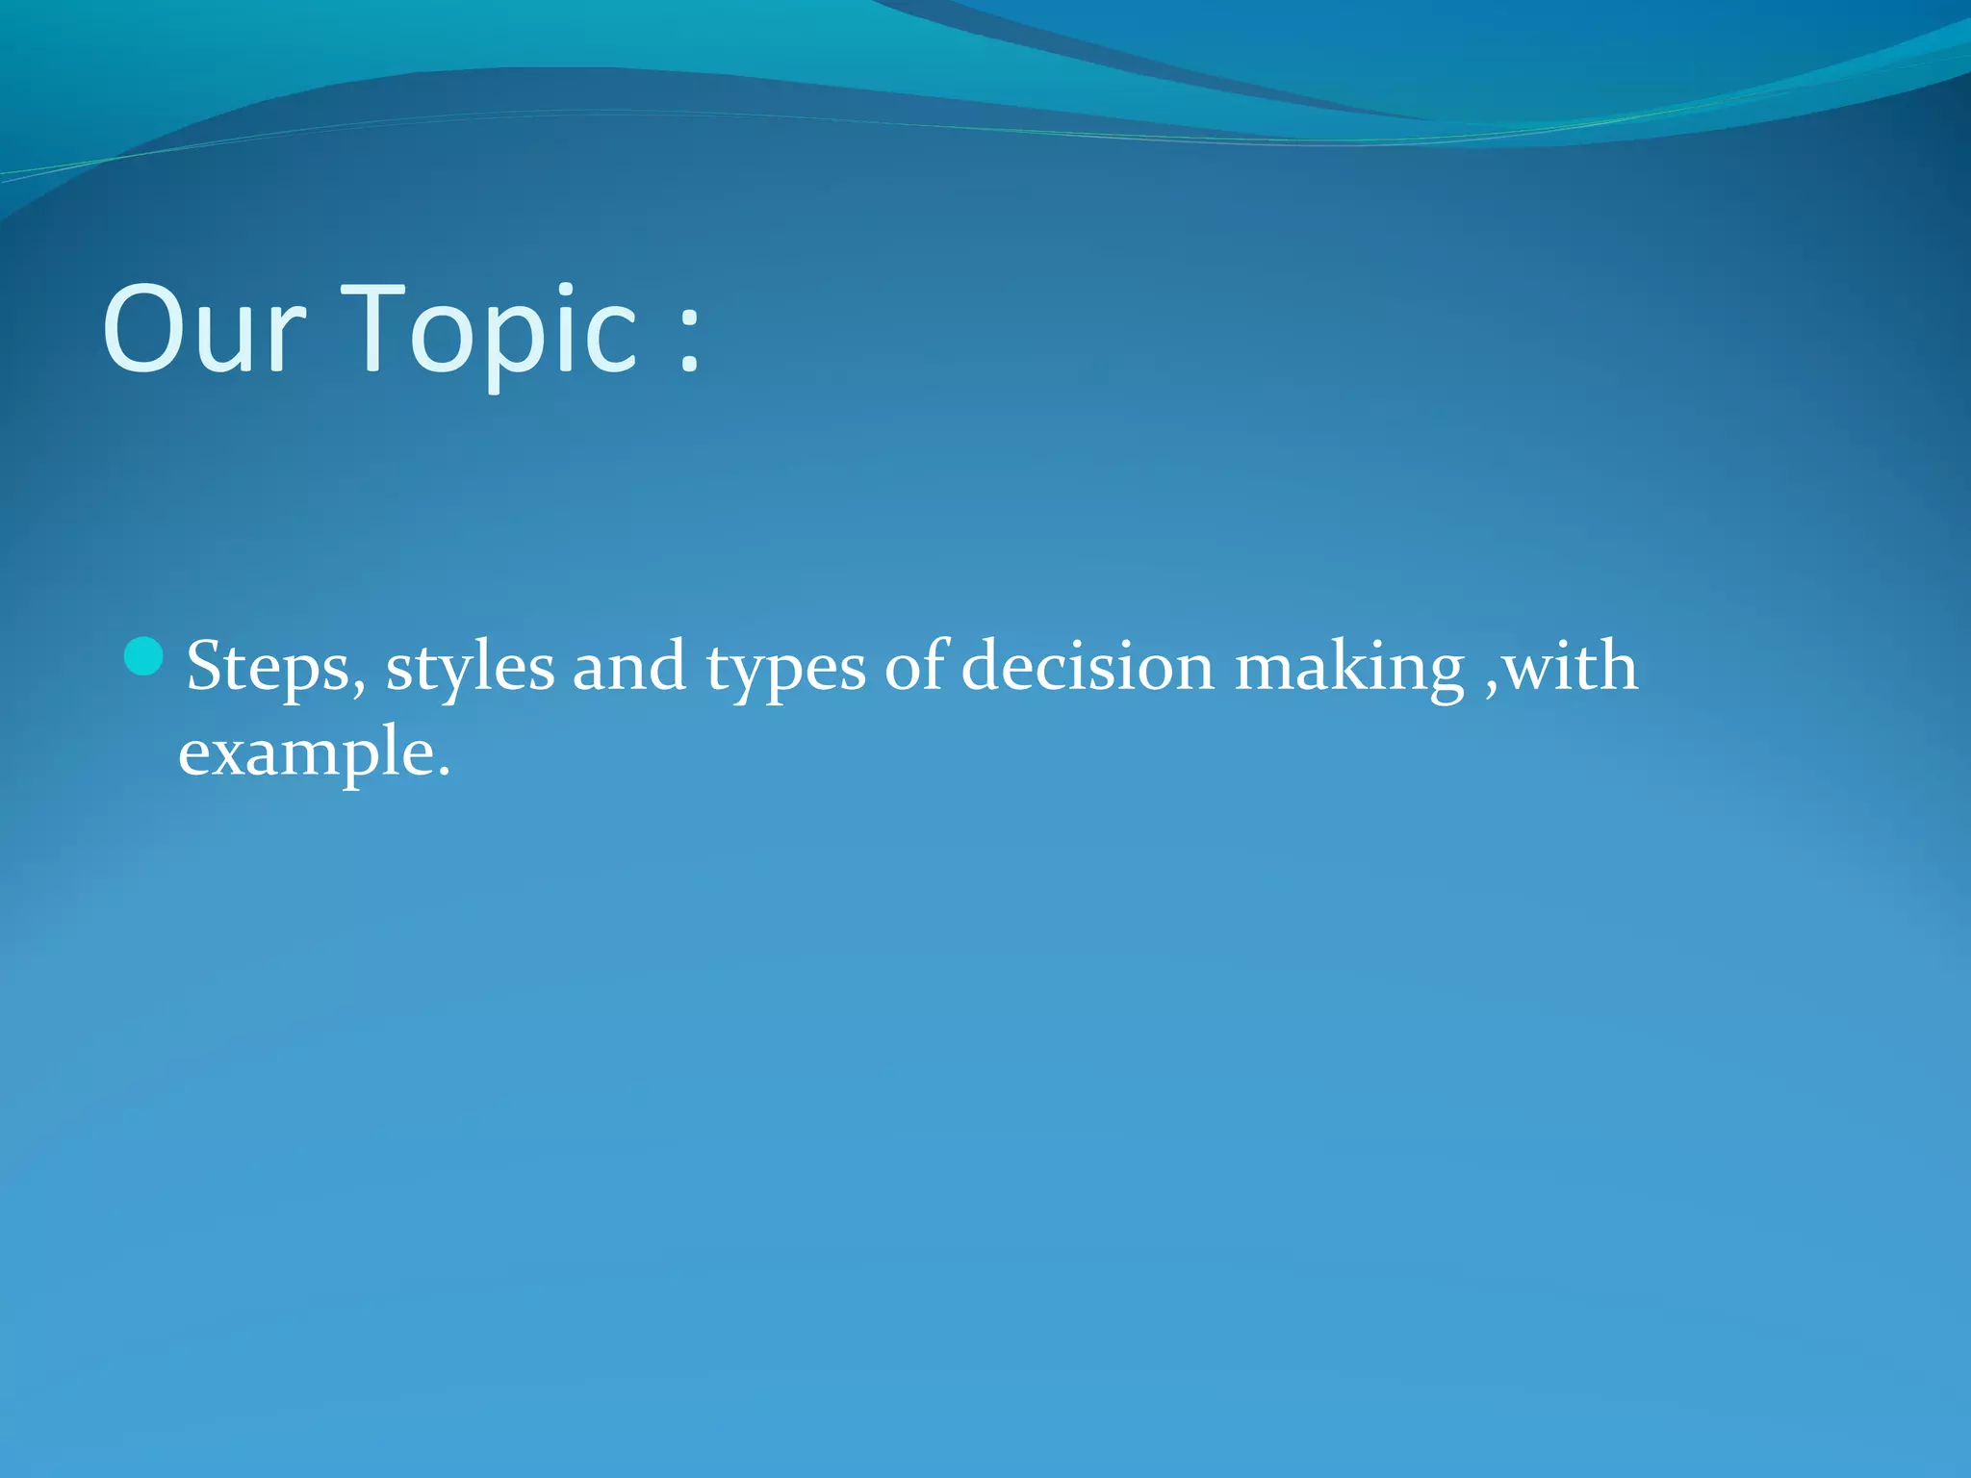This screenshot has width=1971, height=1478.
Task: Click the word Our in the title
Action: [x=204, y=329]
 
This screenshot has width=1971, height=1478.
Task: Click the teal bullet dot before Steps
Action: [x=144, y=657]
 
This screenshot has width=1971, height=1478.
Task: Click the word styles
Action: [x=470, y=667]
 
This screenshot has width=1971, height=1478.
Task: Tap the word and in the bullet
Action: [x=629, y=667]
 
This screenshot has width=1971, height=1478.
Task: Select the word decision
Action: [x=1088, y=666]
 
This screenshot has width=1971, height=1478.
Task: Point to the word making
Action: [x=1349, y=669]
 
